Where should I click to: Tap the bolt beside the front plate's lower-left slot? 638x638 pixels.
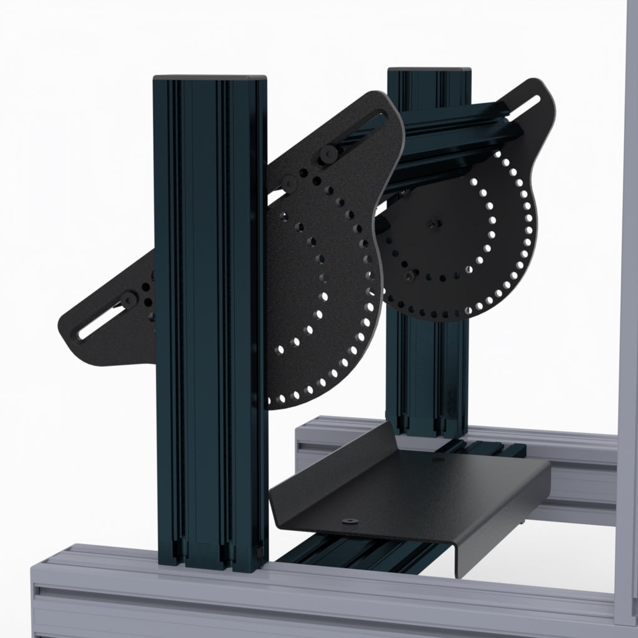130,300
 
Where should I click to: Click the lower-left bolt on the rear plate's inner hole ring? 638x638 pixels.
409,274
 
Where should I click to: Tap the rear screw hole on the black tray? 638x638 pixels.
437,459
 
